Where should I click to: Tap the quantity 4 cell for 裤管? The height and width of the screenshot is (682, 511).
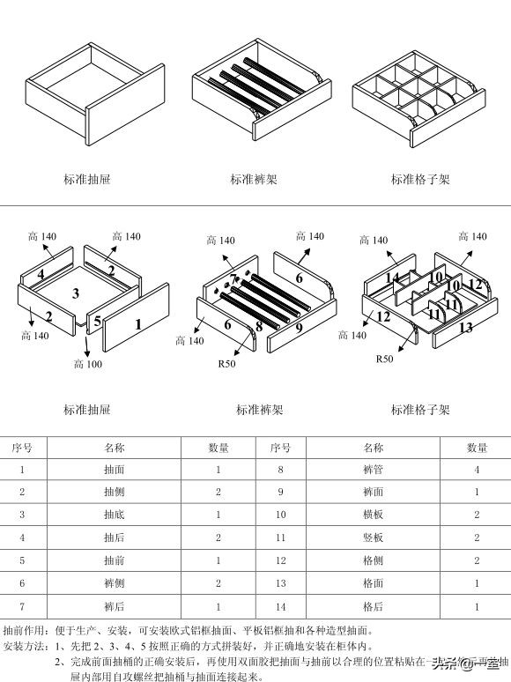tap(477, 471)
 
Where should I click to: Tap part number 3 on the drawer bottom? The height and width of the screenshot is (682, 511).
tap(76, 293)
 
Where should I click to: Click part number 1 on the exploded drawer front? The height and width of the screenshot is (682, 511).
tap(137, 324)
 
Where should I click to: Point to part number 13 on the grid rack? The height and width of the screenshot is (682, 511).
tap(466, 328)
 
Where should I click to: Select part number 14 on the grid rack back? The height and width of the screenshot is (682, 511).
tap(393, 278)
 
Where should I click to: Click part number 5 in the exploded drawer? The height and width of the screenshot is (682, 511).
tap(97, 320)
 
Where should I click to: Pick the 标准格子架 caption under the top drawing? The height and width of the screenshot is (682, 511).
tap(420, 180)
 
